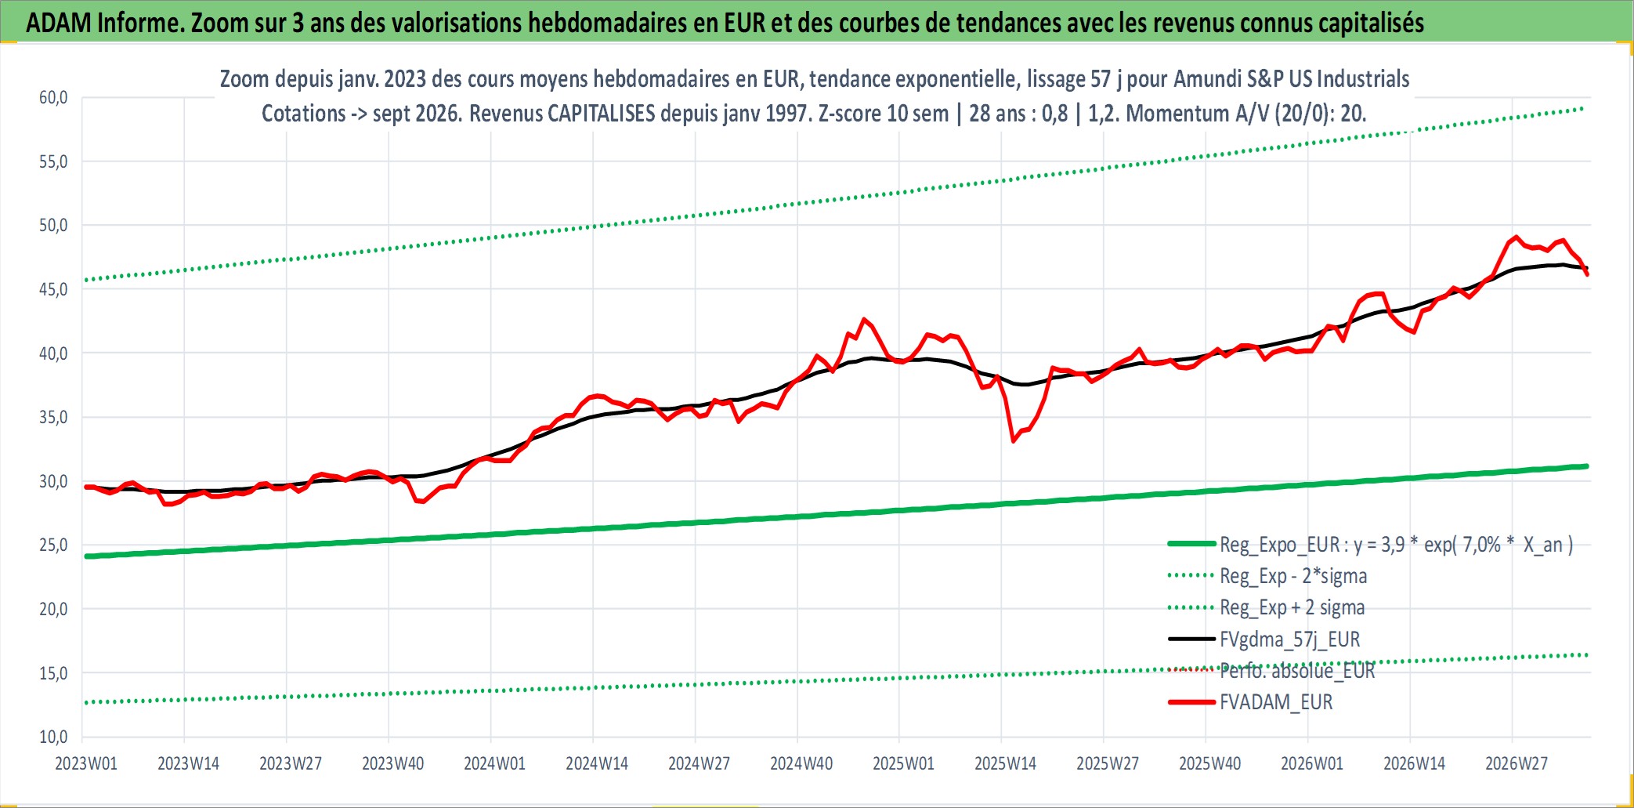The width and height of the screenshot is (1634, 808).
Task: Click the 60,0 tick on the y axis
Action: pyautogui.click(x=53, y=97)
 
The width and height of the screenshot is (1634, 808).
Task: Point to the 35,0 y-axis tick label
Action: pyautogui.click(x=53, y=417)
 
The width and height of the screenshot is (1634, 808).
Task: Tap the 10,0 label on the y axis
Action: pyautogui.click(x=53, y=737)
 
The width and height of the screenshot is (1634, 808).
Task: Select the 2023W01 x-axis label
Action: pyautogui.click(x=86, y=763)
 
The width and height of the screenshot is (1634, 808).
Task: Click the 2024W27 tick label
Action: pyautogui.click(x=699, y=763)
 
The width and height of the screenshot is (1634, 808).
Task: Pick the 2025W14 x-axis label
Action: pyautogui.click(x=1005, y=763)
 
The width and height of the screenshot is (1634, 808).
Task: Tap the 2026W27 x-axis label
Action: pyautogui.click(x=1517, y=763)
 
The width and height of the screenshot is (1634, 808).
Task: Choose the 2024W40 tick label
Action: pyautogui.click(x=801, y=763)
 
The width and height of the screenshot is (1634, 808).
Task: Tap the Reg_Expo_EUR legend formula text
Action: pyautogui.click(x=1397, y=545)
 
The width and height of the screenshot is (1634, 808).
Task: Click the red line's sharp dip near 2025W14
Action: pyautogui.click(x=1014, y=441)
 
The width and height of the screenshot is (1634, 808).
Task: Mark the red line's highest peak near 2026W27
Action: pyautogui.click(x=1517, y=237)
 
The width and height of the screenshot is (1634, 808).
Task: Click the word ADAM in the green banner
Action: pyautogui.click(x=59, y=23)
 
